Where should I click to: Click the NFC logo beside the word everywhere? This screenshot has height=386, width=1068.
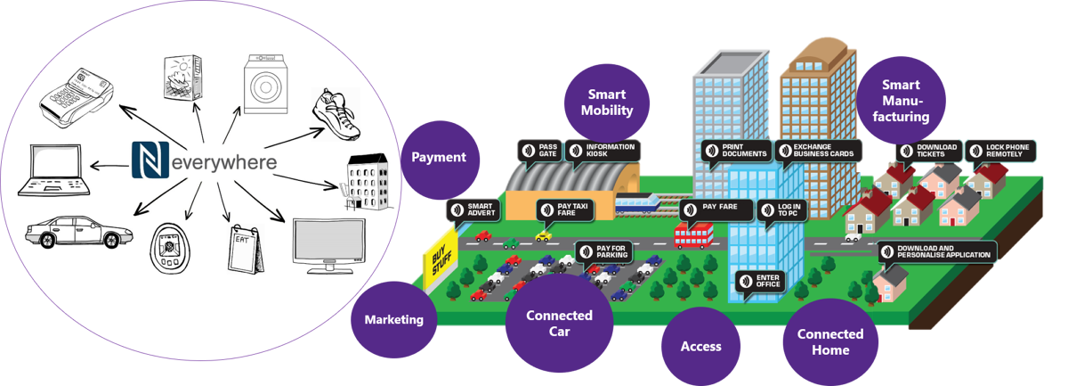click(x=150, y=161)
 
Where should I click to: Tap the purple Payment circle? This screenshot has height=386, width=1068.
click(x=439, y=157)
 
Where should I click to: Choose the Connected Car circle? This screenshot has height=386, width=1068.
click(x=560, y=324)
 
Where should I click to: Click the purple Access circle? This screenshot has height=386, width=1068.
click(x=700, y=346)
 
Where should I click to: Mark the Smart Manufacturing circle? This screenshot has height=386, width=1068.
click(x=906, y=101)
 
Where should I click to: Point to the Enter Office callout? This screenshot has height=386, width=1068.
click(x=760, y=281)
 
